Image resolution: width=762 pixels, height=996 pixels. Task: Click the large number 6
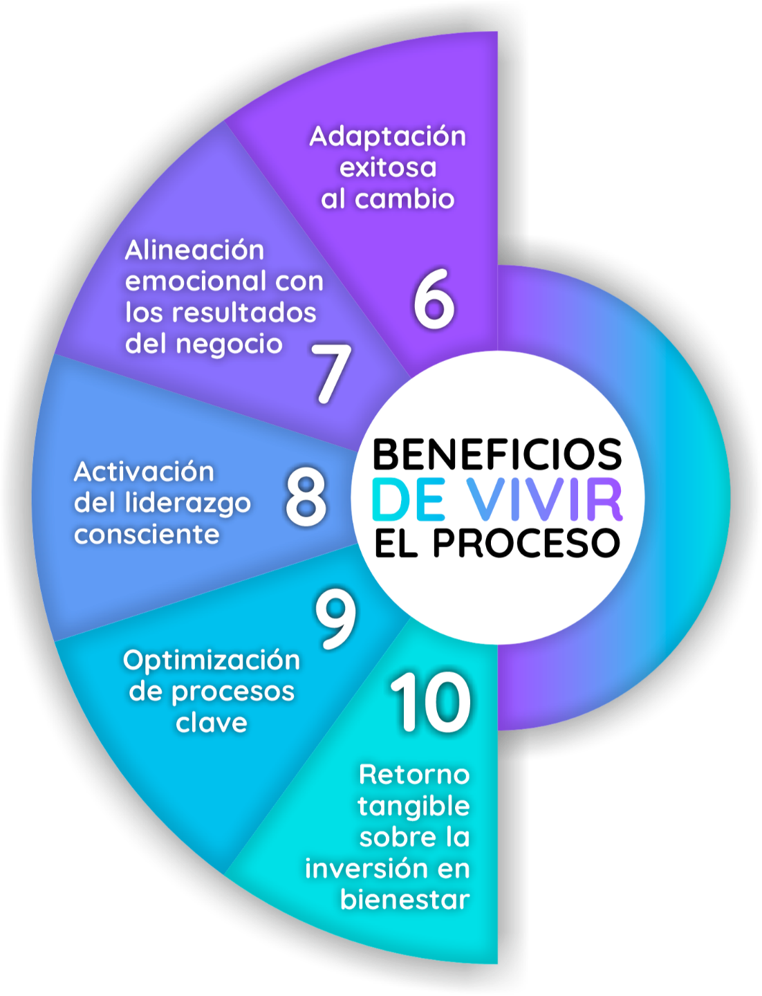pos(434,299)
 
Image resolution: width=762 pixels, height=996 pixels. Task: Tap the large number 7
pos(331,373)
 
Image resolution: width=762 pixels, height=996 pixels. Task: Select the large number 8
pos(306,497)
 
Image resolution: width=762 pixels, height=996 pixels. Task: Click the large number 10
pos(431,703)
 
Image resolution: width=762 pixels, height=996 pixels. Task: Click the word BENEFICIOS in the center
pos(497,454)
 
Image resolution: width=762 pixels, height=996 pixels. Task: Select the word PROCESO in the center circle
pos(526,543)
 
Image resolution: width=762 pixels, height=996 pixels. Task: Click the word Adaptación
pos(387,136)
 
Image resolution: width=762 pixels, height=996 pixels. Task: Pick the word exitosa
pos(388,168)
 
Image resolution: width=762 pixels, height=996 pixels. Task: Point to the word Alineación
pos(194,250)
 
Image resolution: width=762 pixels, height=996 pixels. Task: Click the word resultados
pos(243,313)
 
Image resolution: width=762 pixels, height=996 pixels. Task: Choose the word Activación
pos(144,472)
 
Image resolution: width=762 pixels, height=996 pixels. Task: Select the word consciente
pos(147,534)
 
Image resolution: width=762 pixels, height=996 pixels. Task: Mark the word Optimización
pos(212,661)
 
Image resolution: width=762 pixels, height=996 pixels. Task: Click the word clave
pos(212,723)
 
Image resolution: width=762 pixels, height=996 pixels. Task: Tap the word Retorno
pos(414,775)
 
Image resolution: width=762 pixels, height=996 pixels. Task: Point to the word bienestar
pos(405,900)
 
